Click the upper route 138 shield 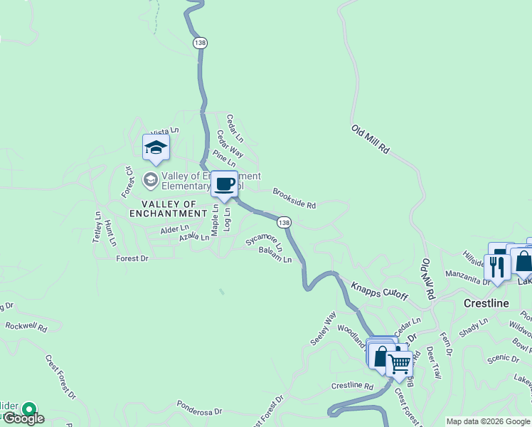[x=200, y=43]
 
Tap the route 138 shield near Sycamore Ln [x=284, y=223]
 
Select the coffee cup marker [x=225, y=184]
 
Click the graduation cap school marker [x=156, y=147]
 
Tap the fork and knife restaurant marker [x=496, y=266]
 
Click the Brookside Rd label [x=294, y=198]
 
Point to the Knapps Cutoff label [x=379, y=290]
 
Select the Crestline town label [x=486, y=303]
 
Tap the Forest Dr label [x=132, y=259]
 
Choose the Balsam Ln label [x=275, y=255]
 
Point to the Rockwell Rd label [x=26, y=327]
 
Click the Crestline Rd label [x=352, y=386]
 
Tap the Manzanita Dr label [x=467, y=278]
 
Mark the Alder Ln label [x=174, y=229]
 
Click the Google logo [x=23, y=418]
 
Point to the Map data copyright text [x=488, y=421]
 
